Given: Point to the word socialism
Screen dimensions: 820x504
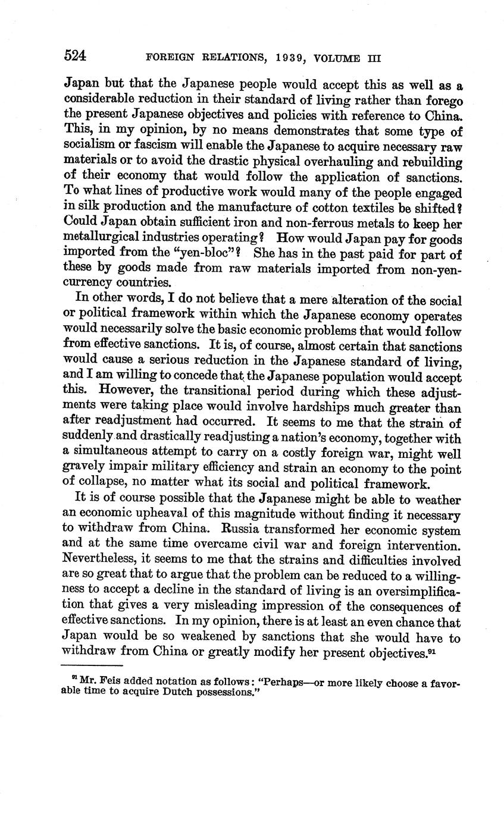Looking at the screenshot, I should pyautogui.click(x=87, y=146).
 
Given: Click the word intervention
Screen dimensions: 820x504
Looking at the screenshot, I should pyautogui.click(x=425, y=545).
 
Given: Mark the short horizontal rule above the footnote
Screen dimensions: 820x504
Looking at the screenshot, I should pyautogui.click(x=92, y=665).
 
